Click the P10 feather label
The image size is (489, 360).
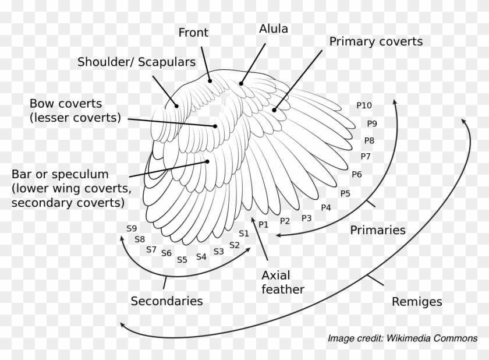click(x=364, y=105)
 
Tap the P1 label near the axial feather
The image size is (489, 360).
click(x=263, y=224)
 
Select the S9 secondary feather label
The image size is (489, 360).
click(x=132, y=228)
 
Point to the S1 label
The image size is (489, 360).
click(x=244, y=234)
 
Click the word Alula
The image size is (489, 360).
click(x=274, y=28)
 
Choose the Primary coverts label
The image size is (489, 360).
click(x=375, y=41)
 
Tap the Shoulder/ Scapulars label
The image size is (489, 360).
click(x=136, y=62)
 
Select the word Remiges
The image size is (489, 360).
click(x=417, y=302)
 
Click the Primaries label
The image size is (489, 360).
click(x=377, y=230)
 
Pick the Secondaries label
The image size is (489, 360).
click(x=166, y=301)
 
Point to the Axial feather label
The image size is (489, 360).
click(x=283, y=281)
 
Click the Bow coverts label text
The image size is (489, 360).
click(x=66, y=104)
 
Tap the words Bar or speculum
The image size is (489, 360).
click(x=60, y=174)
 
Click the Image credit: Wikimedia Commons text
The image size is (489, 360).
click(x=402, y=338)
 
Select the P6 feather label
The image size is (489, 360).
click(x=357, y=174)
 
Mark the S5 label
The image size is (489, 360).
click(x=182, y=260)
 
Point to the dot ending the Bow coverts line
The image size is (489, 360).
click(x=215, y=125)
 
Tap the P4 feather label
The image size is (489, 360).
click(x=326, y=207)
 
